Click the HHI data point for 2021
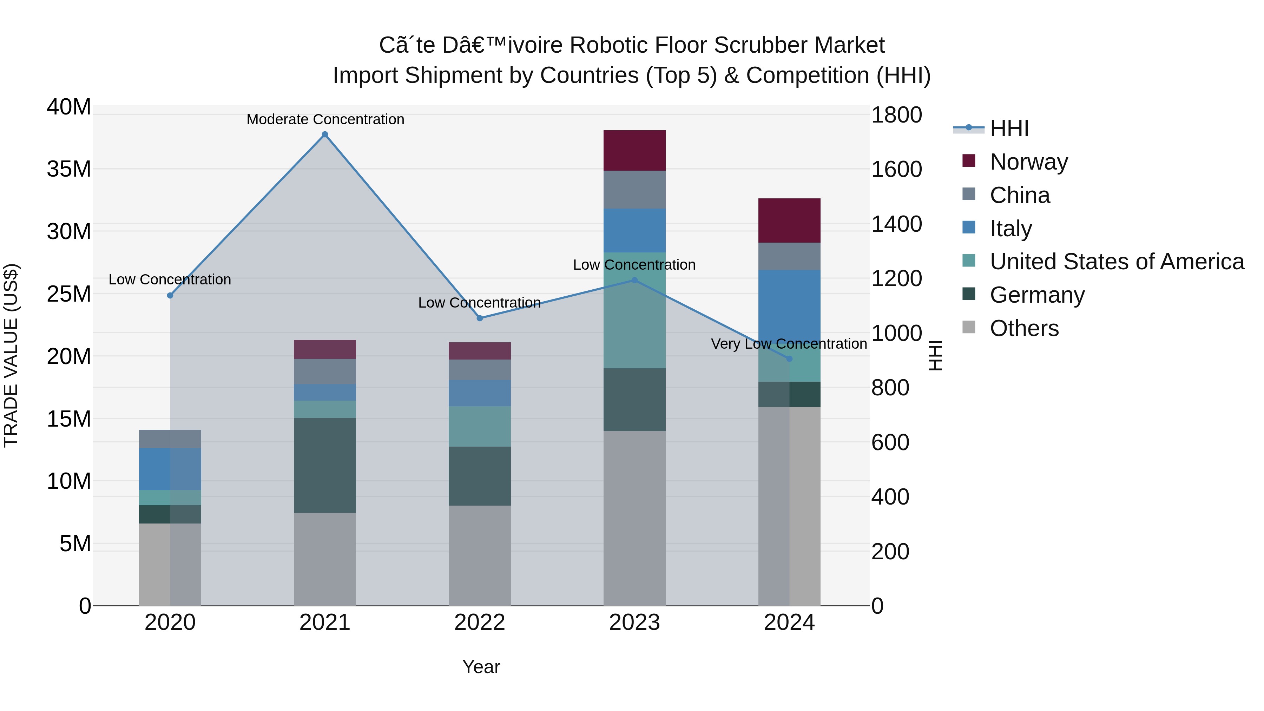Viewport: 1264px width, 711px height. tap(325, 134)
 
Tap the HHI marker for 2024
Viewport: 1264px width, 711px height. tap(789, 359)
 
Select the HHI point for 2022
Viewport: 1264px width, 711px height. tap(480, 318)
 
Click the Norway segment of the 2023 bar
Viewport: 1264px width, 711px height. tap(634, 151)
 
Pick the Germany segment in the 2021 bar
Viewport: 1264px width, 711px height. tap(325, 465)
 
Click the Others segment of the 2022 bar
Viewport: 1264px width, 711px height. tap(480, 555)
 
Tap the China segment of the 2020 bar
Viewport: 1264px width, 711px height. tap(170, 439)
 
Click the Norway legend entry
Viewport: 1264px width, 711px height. tap(1028, 162)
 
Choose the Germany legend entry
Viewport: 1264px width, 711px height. tap(1037, 295)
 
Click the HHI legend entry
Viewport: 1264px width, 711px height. tap(1009, 129)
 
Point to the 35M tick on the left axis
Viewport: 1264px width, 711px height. tap(69, 169)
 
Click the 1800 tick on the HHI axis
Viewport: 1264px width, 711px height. tap(896, 115)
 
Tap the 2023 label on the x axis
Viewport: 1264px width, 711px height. tap(634, 623)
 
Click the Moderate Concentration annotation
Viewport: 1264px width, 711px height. tap(325, 119)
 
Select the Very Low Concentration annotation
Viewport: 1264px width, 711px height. tap(789, 343)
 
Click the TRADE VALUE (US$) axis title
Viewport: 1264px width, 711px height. tap(11, 356)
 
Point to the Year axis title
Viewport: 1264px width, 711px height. tap(481, 667)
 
